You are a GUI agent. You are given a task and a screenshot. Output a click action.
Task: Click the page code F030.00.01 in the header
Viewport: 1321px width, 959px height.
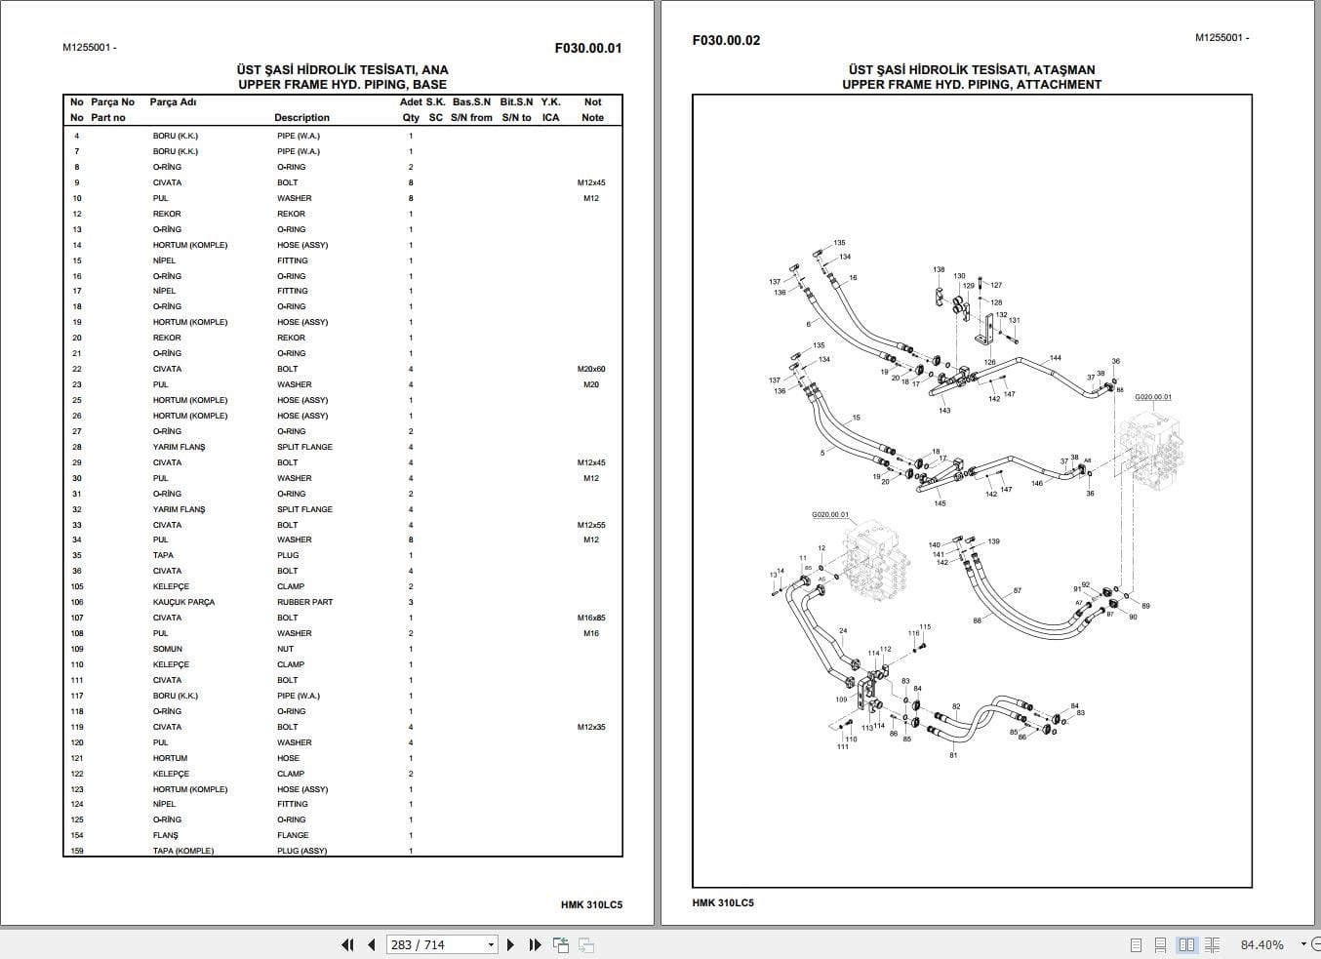click(x=587, y=48)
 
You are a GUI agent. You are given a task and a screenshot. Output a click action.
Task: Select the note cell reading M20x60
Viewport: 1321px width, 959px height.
click(x=591, y=369)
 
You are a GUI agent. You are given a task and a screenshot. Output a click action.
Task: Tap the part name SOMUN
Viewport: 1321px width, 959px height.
click(x=167, y=649)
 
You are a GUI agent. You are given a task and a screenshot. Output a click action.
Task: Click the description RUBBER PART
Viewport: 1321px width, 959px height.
click(x=304, y=602)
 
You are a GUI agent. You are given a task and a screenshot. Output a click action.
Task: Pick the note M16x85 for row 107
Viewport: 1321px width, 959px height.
click(x=591, y=618)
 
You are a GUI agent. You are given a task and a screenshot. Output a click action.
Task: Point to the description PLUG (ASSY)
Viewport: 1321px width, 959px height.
click(x=301, y=851)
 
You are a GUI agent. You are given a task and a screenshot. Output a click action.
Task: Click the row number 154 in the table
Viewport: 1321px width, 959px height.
click(x=77, y=835)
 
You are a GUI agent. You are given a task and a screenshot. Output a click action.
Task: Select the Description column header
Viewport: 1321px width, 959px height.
click(x=301, y=117)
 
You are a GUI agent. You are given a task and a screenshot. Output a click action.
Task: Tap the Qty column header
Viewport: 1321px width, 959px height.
click(x=411, y=117)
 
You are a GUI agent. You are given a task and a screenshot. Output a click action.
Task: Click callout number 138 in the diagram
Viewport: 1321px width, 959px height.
click(x=939, y=270)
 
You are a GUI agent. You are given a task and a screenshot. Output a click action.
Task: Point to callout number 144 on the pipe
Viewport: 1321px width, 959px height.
click(x=1056, y=358)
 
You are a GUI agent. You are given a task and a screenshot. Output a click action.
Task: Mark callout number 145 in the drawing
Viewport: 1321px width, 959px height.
click(x=940, y=503)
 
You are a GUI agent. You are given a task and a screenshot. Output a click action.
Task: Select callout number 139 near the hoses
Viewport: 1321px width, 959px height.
click(x=993, y=541)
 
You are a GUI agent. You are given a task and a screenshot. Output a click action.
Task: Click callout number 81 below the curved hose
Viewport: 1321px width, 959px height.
click(x=953, y=755)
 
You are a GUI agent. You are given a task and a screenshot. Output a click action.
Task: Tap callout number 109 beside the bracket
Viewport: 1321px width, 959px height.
click(x=841, y=699)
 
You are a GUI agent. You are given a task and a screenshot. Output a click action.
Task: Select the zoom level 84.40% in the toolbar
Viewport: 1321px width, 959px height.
click(x=1261, y=944)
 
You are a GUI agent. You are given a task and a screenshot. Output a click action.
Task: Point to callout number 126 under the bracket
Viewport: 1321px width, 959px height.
click(x=989, y=362)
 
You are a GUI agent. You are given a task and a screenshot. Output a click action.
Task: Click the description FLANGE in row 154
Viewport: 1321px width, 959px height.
click(x=292, y=835)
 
